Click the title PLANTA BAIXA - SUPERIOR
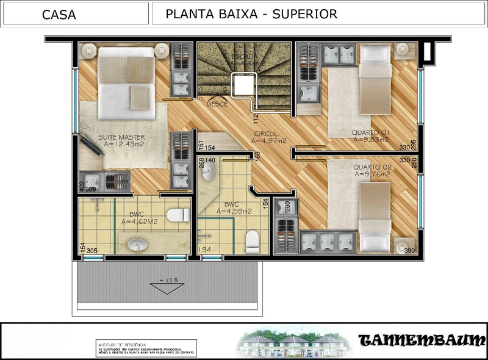coord(251,14)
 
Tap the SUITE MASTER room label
coord(121,137)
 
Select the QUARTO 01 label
coord(370,132)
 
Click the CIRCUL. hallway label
coord(267,134)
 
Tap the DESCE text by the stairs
coord(217,104)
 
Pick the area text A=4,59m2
coord(234,212)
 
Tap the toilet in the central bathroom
coord(253,242)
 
